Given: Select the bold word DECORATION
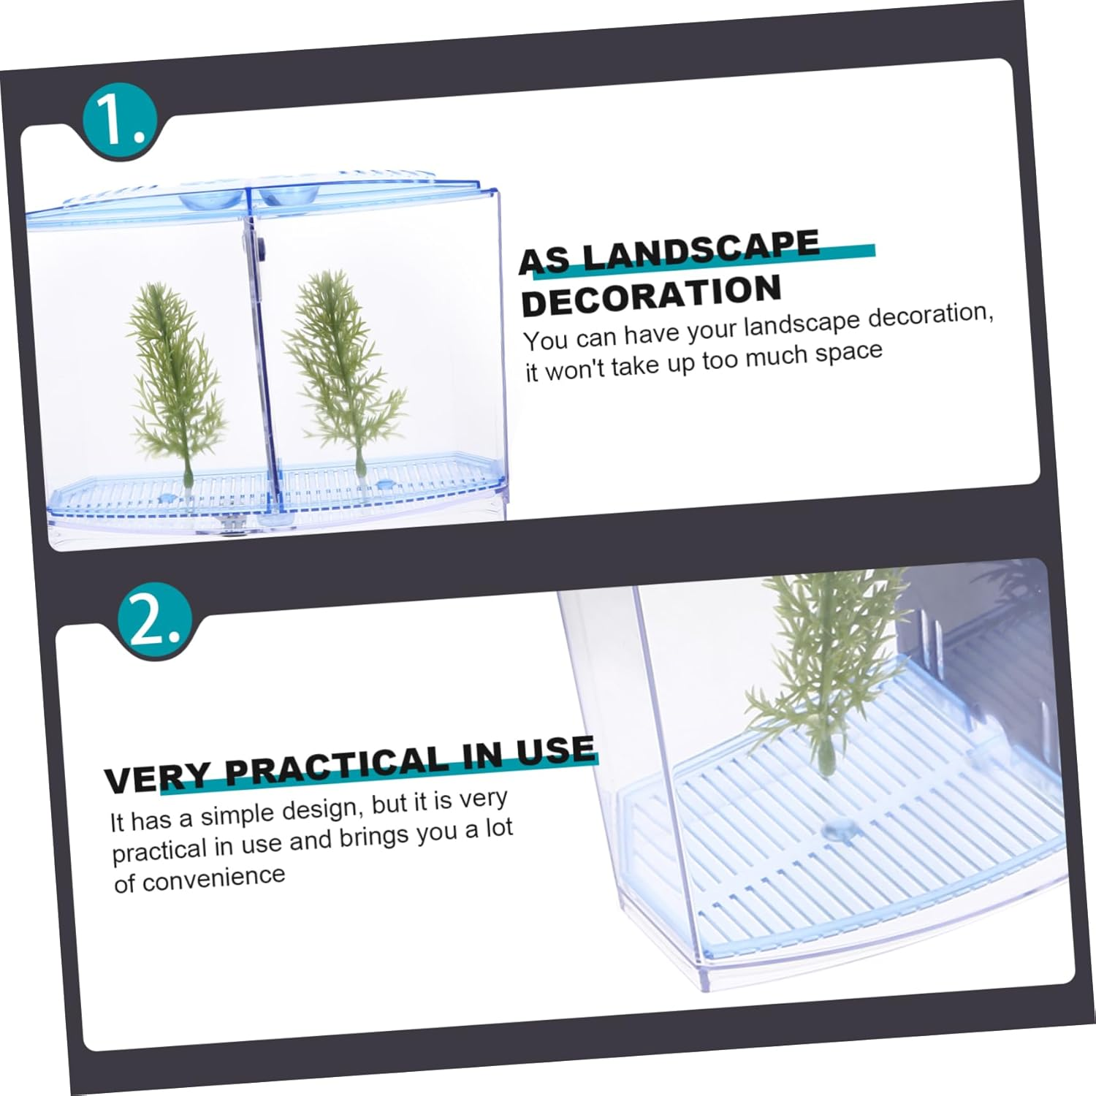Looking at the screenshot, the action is point(652,295).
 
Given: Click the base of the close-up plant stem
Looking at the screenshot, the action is point(826,769).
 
